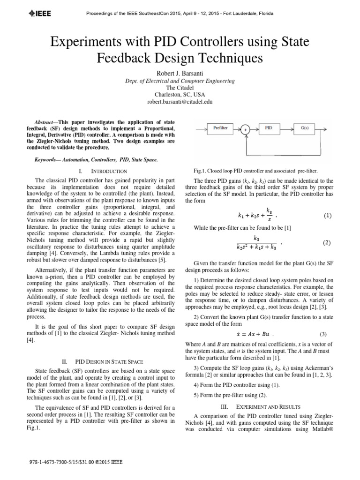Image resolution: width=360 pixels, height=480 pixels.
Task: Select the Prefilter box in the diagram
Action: coord(220,127)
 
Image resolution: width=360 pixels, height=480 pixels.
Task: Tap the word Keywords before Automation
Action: coord(48,159)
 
